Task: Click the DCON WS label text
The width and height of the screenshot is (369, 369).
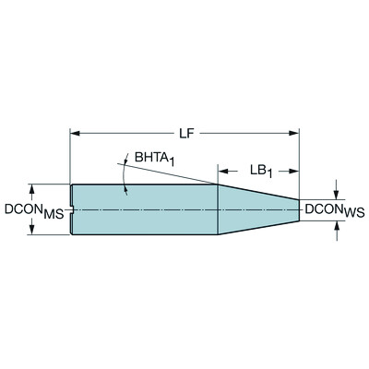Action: (335, 210)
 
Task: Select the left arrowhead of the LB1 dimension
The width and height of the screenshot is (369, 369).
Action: (222, 171)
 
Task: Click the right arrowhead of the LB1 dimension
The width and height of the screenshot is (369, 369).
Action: (295, 171)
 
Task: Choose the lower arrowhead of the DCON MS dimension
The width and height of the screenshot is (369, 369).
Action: (31, 231)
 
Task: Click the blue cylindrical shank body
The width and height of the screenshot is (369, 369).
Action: (143, 209)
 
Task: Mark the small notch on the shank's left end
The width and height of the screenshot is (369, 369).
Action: (72, 209)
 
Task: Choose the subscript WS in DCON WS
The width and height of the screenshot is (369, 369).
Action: (356, 214)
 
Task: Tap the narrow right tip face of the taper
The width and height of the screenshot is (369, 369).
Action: (299, 209)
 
